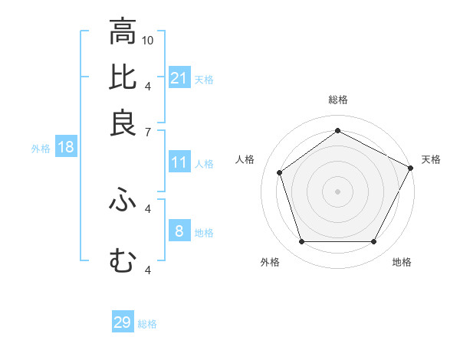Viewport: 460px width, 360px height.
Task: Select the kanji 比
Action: [x=123, y=78]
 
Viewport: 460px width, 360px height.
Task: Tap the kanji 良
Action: [x=123, y=123]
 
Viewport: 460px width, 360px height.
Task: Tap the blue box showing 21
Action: [x=179, y=77]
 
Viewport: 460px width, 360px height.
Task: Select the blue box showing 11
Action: [x=179, y=162]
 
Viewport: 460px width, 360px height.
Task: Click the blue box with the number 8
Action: [x=179, y=231]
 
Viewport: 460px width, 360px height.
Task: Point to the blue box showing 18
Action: [x=65, y=147]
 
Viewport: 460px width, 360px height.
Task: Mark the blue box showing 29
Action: [x=122, y=322]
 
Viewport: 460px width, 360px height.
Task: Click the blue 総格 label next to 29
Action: [x=147, y=324]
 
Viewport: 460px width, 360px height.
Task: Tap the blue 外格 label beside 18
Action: [x=41, y=149]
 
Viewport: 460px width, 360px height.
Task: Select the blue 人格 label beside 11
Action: [x=204, y=164]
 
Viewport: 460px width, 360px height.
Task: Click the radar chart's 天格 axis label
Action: [x=431, y=159]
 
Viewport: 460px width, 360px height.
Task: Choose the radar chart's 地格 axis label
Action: [x=402, y=262]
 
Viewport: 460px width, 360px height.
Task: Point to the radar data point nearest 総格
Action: [x=337, y=130]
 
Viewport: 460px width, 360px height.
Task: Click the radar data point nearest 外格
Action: [x=301, y=241]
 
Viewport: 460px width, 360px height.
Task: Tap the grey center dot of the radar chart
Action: [x=337, y=191]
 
